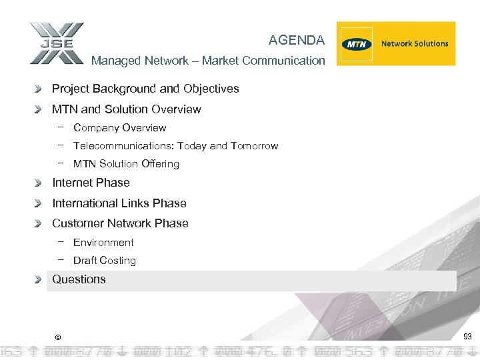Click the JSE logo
click(57, 43)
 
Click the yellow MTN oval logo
click(357, 44)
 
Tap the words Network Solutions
click(415, 44)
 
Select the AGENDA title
click(297, 40)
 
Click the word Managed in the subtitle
click(112, 61)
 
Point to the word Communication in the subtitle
click(283, 61)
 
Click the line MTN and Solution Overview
click(126, 109)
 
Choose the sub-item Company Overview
click(119, 128)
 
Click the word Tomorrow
click(254, 146)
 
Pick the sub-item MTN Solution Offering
click(126, 164)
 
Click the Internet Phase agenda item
click(91, 183)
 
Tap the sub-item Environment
click(103, 243)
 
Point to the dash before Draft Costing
click(61, 260)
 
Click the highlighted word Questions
click(79, 279)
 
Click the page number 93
click(467, 337)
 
